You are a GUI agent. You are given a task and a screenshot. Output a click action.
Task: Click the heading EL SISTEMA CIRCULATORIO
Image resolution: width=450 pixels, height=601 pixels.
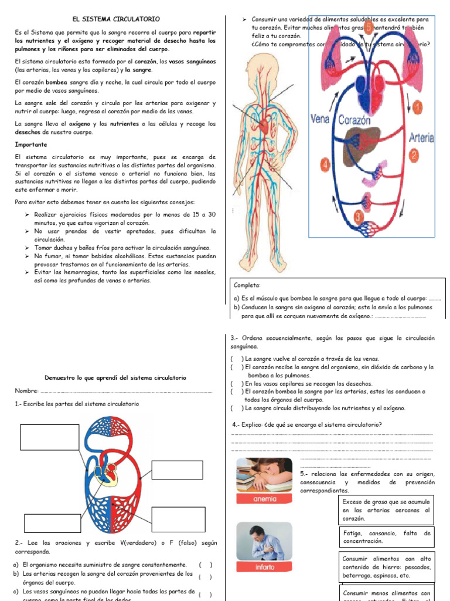tap(115, 19)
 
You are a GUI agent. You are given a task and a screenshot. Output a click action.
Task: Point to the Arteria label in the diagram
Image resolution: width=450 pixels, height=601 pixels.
tap(421, 139)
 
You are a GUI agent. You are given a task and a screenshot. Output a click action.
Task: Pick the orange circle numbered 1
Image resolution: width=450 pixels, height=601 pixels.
tap(418, 107)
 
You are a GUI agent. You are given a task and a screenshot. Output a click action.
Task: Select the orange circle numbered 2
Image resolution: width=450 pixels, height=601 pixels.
tap(414, 156)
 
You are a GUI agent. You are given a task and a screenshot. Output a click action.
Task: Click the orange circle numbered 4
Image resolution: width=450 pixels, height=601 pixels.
tap(326, 164)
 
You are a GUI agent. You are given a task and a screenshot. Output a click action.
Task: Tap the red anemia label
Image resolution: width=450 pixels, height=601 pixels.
tap(264, 499)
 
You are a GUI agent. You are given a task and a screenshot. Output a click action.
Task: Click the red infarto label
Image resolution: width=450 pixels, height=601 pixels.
tap(264, 568)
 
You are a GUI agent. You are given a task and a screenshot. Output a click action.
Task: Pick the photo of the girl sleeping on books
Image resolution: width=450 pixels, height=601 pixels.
tap(264, 474)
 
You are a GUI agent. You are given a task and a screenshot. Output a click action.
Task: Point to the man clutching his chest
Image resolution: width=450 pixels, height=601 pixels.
tap(264, 542)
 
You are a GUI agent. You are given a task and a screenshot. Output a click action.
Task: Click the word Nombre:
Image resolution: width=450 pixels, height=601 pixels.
tap(26, 391)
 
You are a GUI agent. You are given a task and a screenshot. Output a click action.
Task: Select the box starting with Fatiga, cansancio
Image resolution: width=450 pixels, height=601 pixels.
tap(386, 537)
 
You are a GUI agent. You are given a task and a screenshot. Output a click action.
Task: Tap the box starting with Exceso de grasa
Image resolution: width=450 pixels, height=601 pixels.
tap(386, 510)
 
